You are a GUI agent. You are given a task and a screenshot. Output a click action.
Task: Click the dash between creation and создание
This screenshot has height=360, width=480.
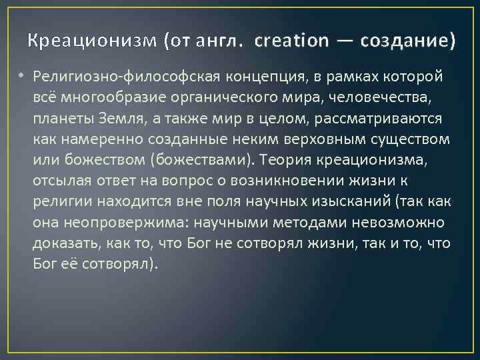click(x=344, y=41)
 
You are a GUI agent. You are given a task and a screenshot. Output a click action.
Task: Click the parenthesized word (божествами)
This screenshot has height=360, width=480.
click(x=205, y=161)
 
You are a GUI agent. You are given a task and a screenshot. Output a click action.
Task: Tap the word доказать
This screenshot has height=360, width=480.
click(x=63, y=243)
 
